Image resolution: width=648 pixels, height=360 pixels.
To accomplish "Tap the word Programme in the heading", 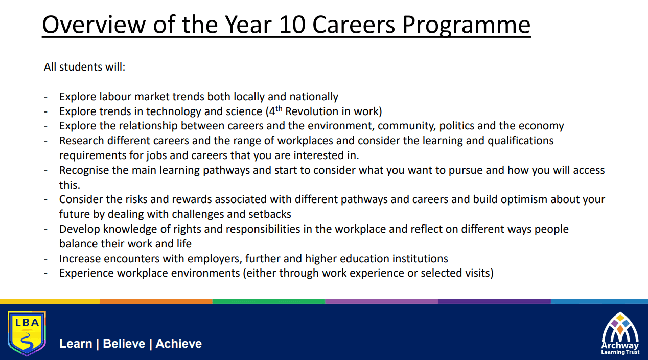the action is click(x=467, y=26).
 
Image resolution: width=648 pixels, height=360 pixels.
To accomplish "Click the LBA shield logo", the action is click(x=27, y=333).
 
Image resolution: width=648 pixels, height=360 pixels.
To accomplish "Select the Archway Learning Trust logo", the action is click(x=620, y=333).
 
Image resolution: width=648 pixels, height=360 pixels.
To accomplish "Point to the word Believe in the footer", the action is click(x=124, y=344).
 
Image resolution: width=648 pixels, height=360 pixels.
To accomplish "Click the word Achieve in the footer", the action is click(x=178, y=344).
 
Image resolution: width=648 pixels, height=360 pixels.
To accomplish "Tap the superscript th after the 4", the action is click(x=279, y=108).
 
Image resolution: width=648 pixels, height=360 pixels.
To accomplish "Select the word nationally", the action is click(x=314, y=97).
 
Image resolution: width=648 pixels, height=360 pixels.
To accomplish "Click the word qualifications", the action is click(x=520, y=141).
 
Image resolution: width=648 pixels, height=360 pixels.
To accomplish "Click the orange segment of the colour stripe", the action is click(x=156, y=301).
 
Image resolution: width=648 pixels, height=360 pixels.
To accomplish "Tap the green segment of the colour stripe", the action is click(x=269, y=301).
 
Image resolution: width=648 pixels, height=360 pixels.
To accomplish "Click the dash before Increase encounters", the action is click(x=45, y=259).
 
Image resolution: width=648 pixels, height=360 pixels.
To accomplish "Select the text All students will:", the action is click(x=84, y=67).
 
